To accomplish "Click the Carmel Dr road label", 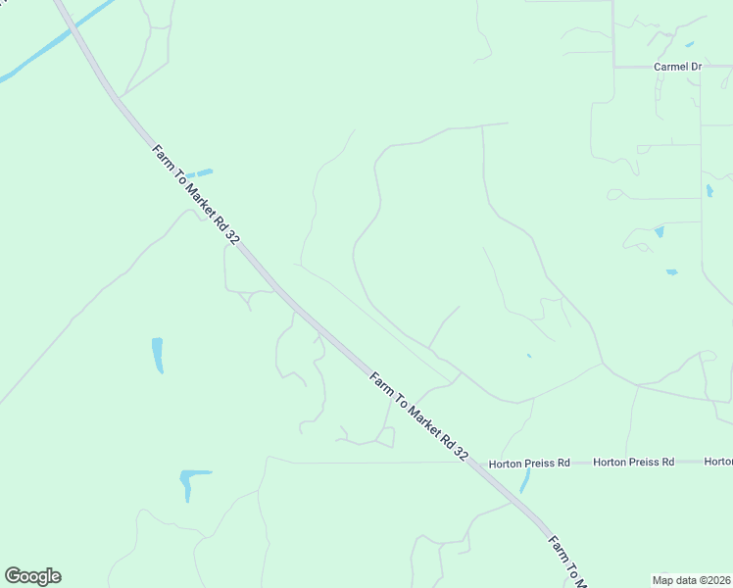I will [678, 67].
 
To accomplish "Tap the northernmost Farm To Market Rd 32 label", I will [195, 196].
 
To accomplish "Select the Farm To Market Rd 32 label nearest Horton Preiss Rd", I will [419, 416].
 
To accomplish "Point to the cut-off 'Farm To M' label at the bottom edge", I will [567, 562].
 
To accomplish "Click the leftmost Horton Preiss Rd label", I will [529, 462].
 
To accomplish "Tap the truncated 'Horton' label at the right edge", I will [718, 462].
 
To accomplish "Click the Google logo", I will [32, 576].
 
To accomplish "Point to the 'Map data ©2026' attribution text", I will [691, 579].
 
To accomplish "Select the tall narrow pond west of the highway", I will [157, 355].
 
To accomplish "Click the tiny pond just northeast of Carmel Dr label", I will [690, 44].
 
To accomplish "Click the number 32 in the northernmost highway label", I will [232, 237].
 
